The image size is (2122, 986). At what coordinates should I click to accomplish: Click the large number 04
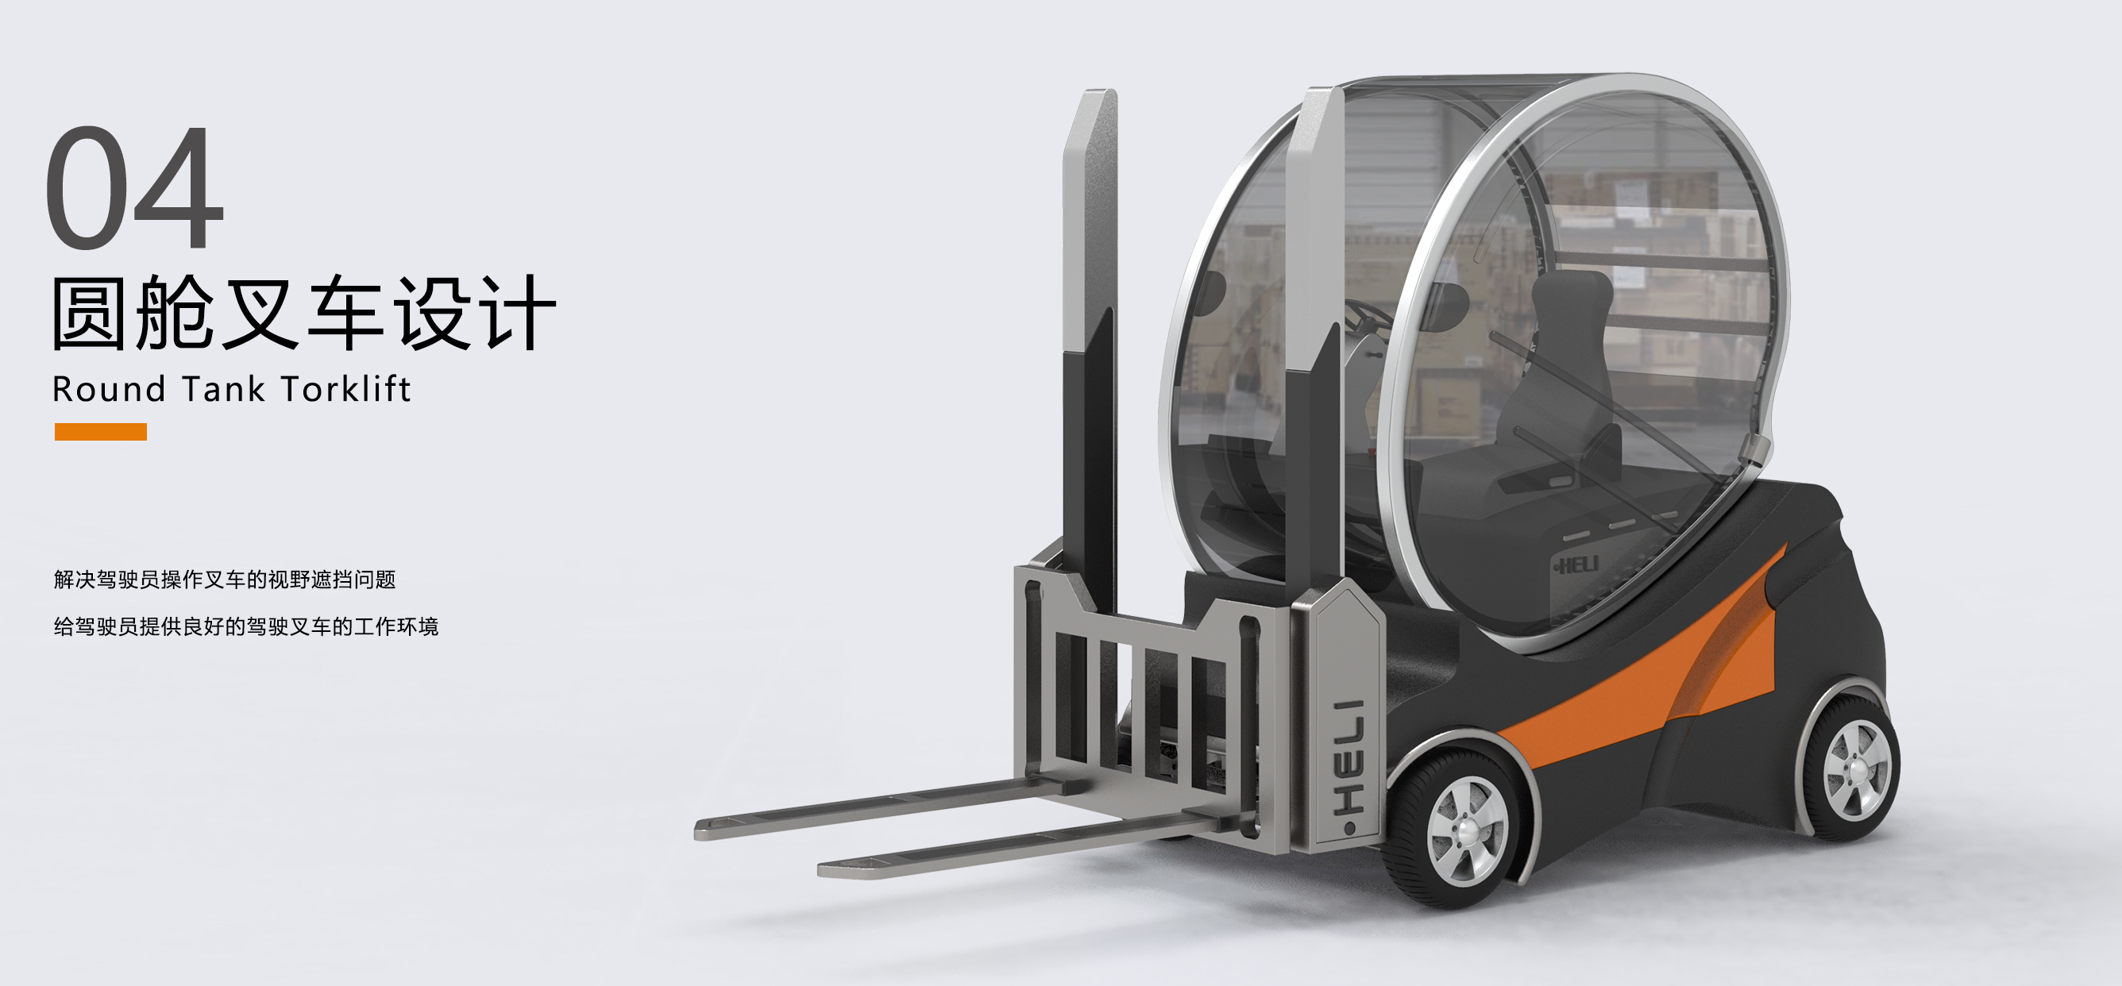tap(134, 188)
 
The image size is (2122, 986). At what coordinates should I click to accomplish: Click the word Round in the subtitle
tap(108, 390)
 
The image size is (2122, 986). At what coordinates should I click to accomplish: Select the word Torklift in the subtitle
tap(345, 389)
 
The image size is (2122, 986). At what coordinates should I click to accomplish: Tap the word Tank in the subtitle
tap(222, 390)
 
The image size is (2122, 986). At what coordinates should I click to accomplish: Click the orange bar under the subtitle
tap(101, 432)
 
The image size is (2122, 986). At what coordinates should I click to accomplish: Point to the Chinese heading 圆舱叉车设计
tap(303, 314)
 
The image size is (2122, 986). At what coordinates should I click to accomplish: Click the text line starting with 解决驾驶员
tap(225, 580)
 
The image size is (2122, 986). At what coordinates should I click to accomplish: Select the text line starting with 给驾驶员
tap(245, 627)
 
